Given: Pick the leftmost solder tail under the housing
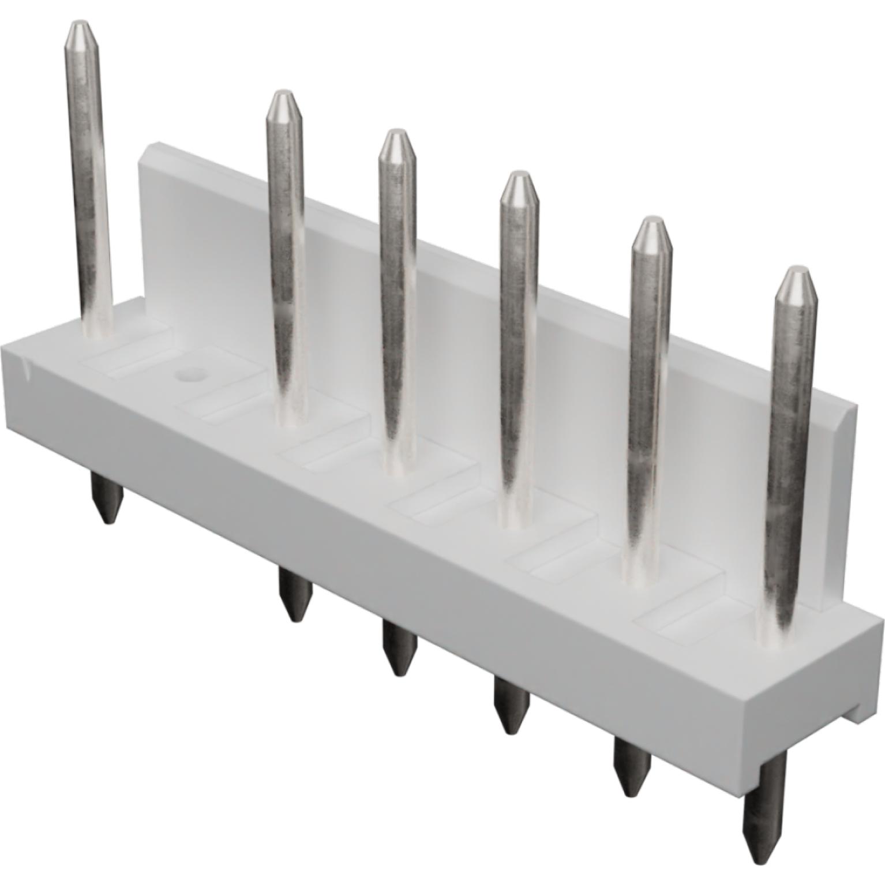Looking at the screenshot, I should (107, 502).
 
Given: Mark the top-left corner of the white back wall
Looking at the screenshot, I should (144, 150).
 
